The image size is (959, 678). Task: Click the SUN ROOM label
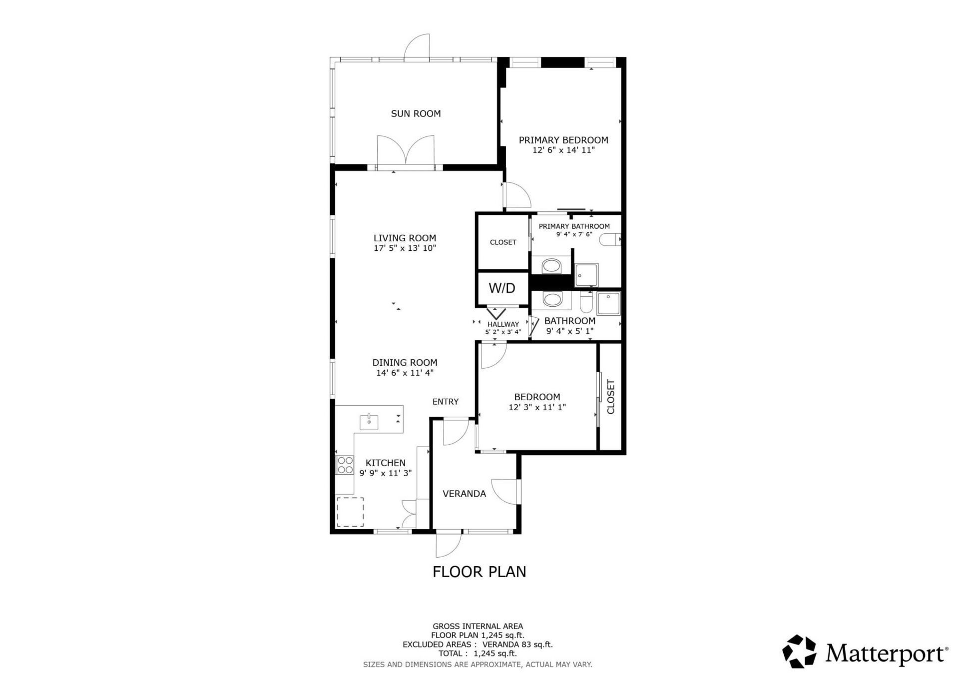click(x=416, y=114)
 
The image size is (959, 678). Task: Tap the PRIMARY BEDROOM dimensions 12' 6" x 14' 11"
click(x=563, y=150)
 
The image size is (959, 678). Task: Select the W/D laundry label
click(x=502, y=288)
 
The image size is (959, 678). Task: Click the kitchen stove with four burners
click(x=345, y=465)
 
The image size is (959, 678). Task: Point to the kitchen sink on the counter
click(x=369, y=422)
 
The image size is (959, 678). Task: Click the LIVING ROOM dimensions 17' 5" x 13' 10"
click(x=405, y=248)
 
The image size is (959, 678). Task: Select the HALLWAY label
click(x=503, y=324)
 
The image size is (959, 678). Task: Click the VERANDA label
click(x=464, y=494)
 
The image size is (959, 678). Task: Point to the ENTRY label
click(x=445, y=402)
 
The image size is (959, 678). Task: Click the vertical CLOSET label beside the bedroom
click(x=610, y=397)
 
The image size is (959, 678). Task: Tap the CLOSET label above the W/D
click(x=503, y=242)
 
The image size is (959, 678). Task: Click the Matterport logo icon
click(x=799, y=651)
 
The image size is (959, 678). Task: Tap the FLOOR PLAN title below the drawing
click(x=479, y=572)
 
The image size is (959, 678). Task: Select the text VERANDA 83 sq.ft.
click(x=517, y=645)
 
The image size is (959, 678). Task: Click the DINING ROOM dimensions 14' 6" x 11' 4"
click(x=405, y=373)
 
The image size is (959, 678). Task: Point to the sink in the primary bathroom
click(x=551, y=266)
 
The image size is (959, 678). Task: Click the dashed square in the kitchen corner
click(x=350, y=512)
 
